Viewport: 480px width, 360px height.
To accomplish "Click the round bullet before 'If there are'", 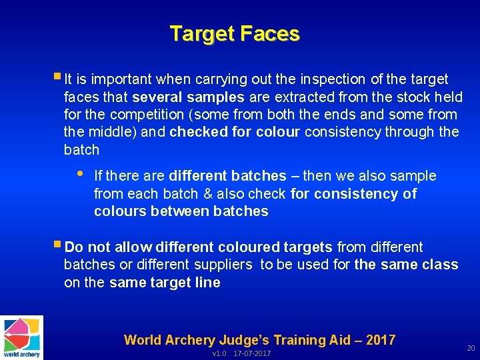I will [x=79, y=174].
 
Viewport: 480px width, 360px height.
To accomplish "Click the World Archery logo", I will [x=22, y=337].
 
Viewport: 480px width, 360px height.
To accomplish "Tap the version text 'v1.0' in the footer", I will [x=219, y=353].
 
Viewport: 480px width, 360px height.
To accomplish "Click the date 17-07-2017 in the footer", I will [x=252, y=353].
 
